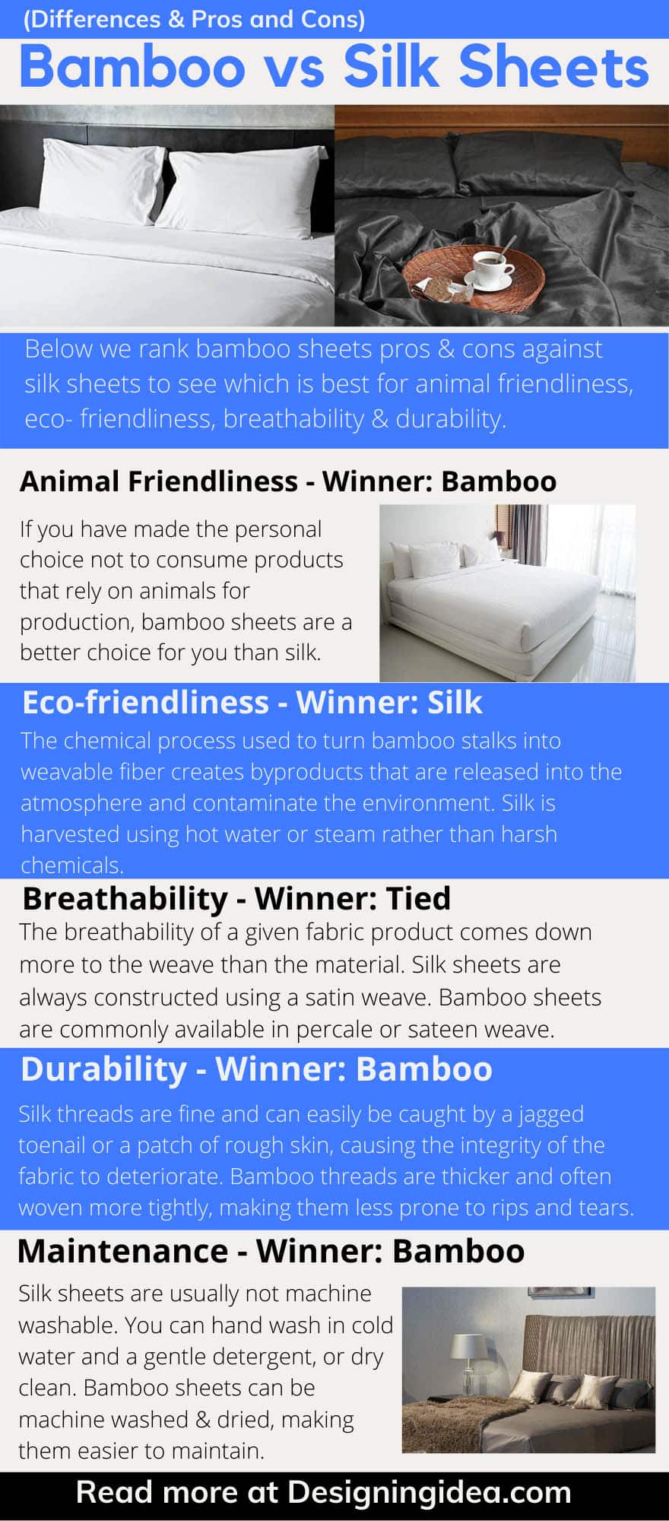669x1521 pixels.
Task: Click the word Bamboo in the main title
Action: [132, 67]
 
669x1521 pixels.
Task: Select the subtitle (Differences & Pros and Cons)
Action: [194, 19]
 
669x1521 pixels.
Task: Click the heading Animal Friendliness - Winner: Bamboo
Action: [288, 481]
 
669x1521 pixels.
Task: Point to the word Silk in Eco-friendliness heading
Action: [455, 702]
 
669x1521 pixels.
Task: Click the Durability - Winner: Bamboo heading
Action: [256, 1069]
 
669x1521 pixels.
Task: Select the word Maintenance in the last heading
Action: [122, 1251]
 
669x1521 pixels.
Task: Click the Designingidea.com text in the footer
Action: [430, 1492]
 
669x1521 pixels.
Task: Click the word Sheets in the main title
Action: [553, 67]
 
